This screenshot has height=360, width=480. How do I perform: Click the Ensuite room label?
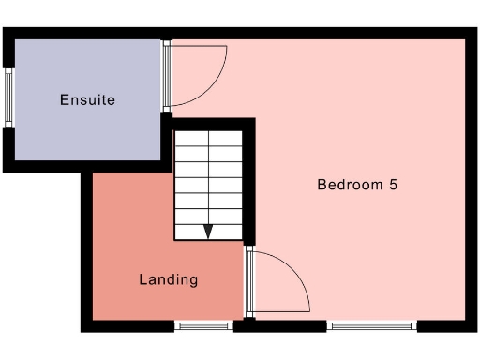coord(87,99)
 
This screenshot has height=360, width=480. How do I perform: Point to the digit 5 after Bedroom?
coord(393,185)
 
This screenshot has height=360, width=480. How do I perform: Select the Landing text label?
coord(169,279)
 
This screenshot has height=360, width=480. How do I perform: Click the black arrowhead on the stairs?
coord(208,232)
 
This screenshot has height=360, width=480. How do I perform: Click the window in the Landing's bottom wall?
coord(203,326)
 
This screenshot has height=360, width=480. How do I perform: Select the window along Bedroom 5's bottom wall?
coord(370,326)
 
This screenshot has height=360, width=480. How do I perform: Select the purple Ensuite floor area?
coord(84,131)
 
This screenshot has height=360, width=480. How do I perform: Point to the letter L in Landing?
coord(143,278)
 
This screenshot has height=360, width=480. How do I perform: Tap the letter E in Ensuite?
coord(64,99)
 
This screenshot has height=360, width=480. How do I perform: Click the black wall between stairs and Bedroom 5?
coord(250,183)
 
